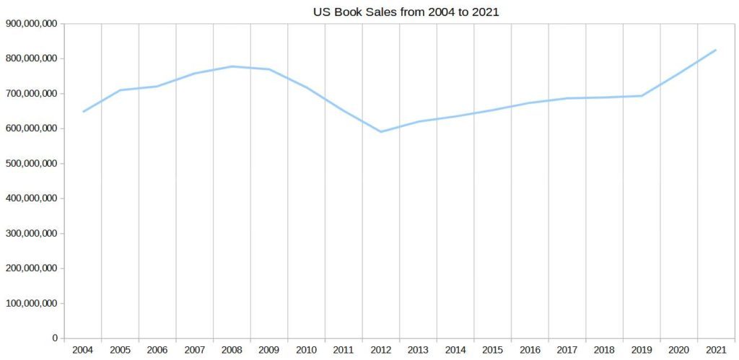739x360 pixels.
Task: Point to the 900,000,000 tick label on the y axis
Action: (x=31, y=24)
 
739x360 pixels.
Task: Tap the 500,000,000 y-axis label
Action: (x=31, y=164)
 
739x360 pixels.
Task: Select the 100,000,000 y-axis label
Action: (x=31, y=304)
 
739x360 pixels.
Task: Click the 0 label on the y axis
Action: (x=54, y=338)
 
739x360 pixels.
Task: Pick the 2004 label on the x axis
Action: (x=83, y=351)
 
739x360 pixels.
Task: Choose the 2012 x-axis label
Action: (x=381, y=351)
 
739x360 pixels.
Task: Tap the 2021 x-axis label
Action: (x=716, y=351)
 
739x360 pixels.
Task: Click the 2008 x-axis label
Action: (x=232, y=351)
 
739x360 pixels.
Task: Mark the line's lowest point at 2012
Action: (x=381, y=132)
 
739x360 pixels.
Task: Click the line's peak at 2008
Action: (x=232, y=66)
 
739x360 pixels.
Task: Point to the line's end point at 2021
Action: (x=716, y=50)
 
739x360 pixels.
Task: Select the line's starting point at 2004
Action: (x=83, y=112)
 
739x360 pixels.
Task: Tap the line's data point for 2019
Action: (x=642, y=96)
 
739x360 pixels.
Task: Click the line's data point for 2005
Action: (x=121, y=90)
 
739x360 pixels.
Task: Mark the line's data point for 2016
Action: (x=530, y=103)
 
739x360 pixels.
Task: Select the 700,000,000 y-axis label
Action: (x=31, y=94)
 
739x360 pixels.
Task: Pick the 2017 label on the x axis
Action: (x=567, y=351)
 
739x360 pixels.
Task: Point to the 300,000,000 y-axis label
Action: (x=31, y=234)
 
